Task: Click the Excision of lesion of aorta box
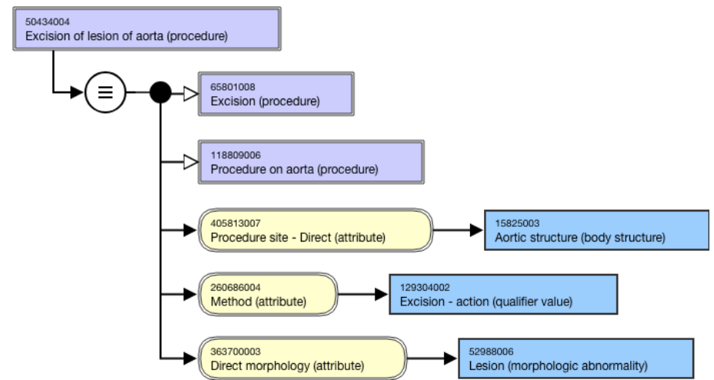pyautogui.click(x=146, y=29)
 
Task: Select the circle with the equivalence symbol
pyautogui.click(x=105, y=93)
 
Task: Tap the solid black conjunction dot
pyautogui.click(x=160, y=93)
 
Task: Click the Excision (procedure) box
pyautogui.click(x=275, y=93)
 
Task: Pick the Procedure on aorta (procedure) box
pyautogui.click(x=311, y=162)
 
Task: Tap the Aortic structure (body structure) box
pyautogui.click(x=596, y=230)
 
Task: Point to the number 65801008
pyautogui.click(x=232, y=87)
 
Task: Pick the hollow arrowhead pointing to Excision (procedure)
pyautogui.click(x=189, y=93)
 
